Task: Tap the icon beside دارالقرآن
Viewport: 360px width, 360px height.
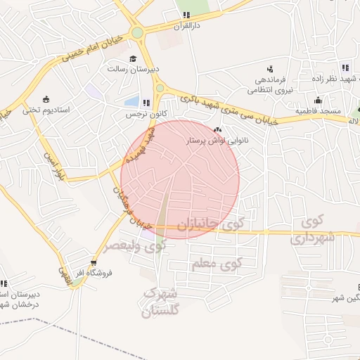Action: (186, 15)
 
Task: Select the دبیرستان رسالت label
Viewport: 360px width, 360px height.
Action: (127, 69)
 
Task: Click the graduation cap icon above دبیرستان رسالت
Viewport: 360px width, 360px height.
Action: (133, 58)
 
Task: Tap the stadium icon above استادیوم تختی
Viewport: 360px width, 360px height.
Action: (46, 98)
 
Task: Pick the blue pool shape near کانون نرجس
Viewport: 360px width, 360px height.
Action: (131, 101)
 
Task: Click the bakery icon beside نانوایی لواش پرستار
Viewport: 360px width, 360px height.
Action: (217, 130)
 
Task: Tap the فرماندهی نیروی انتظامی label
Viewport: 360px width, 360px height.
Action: (269, 85)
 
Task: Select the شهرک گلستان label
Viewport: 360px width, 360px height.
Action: (161, 300)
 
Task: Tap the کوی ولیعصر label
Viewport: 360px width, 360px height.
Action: (135, 246)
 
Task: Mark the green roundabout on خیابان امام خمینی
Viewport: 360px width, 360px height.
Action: (137, 32)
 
